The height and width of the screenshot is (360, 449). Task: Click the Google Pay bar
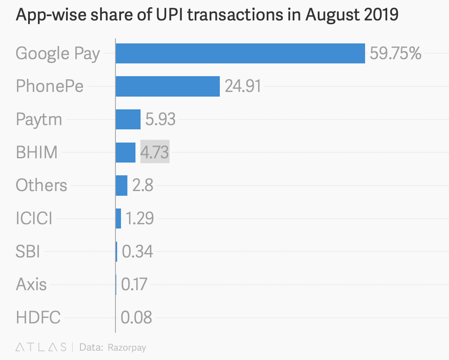click(x=240, y=53)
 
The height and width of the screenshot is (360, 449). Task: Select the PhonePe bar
click(x=167, y=86)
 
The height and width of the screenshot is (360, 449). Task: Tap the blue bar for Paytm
click(x=128, y=119)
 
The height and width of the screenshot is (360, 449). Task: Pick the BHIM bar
click(x=125, y=152)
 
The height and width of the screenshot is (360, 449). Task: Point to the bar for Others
click(x=121, y=186)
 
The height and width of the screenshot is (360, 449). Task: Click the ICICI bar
click(x=118, y=218)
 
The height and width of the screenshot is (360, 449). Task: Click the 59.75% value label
click(x=395, y=54)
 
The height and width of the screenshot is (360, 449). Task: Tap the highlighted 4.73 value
click(x=155, y=152)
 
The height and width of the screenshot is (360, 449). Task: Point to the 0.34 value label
click(x=137, y=251)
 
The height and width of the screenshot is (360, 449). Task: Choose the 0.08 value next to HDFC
click(x=136, y=317)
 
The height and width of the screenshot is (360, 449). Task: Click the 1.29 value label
click(x=139, y=218)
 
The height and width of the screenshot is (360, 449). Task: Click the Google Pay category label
click(x=58, y=54)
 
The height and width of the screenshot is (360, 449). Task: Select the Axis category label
click(x=31, y=284)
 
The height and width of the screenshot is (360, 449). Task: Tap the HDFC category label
click(x=38, y=317)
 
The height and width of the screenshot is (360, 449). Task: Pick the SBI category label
click(x=28, y=251)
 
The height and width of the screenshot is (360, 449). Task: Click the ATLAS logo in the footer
click(x=41, y=347)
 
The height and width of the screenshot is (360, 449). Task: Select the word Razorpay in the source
click(x=127, y=347)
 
